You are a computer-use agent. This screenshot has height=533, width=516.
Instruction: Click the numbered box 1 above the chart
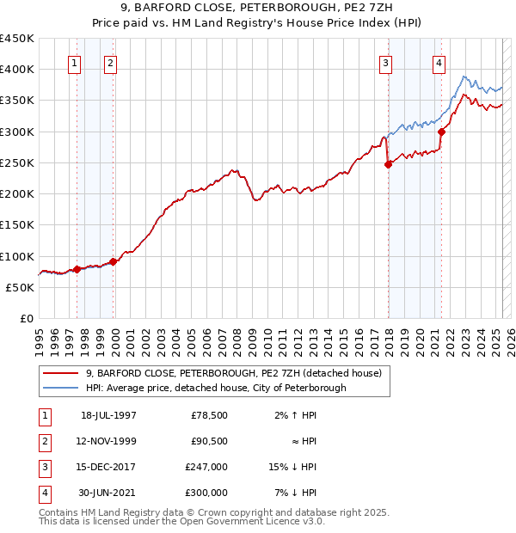tap(74, 62)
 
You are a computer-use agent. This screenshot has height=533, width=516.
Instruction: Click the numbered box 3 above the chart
tap(385, 62)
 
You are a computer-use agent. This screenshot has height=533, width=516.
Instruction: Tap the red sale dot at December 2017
tap(388, 165)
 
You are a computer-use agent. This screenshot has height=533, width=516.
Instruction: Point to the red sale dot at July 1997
tap(77, 269)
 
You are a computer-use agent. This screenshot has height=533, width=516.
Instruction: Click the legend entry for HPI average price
tap(216, 388)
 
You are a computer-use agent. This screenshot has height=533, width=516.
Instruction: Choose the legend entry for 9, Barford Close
tap(233, 373)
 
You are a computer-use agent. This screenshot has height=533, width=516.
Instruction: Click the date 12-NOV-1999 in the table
tap(108, 442)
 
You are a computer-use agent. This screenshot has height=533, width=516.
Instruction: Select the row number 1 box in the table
tap(43, 416)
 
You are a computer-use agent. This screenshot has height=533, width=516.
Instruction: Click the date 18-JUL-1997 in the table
tap(108, 416)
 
